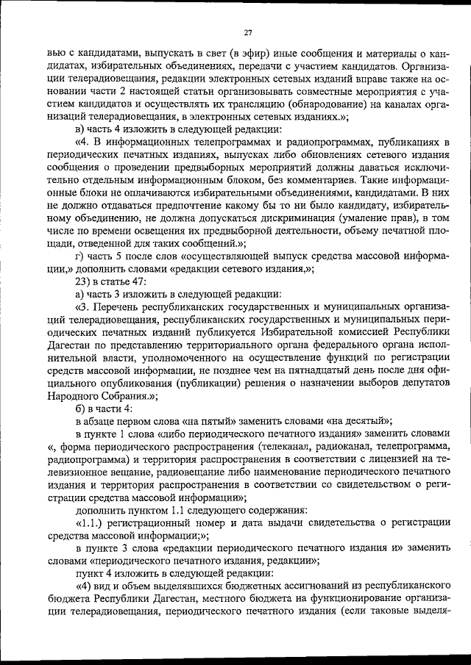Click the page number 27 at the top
point(248,32)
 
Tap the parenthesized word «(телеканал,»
point(300,447)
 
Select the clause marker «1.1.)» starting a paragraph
point(94,522)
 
